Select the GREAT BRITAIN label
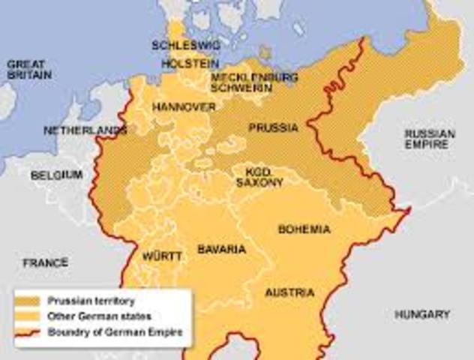pyautogui.click(x=28, y=70)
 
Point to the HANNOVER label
pyautogui.click(x=184, y=107)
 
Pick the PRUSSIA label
pyautogui.click(x=273, y=127)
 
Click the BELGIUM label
pyautogui.click(x=56, y=175)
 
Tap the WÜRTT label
pyautogui.click(x=162, y=256)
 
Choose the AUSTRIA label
pyautogui.click(x=290, y=292)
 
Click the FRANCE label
pyautogui.click(x=45, y=262)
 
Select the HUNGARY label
pyautogui.click(x=422, y=314)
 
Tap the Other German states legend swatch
pyautogui.click(x=29, y=316)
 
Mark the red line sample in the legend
pyautogui.click(x=29, y=331)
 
